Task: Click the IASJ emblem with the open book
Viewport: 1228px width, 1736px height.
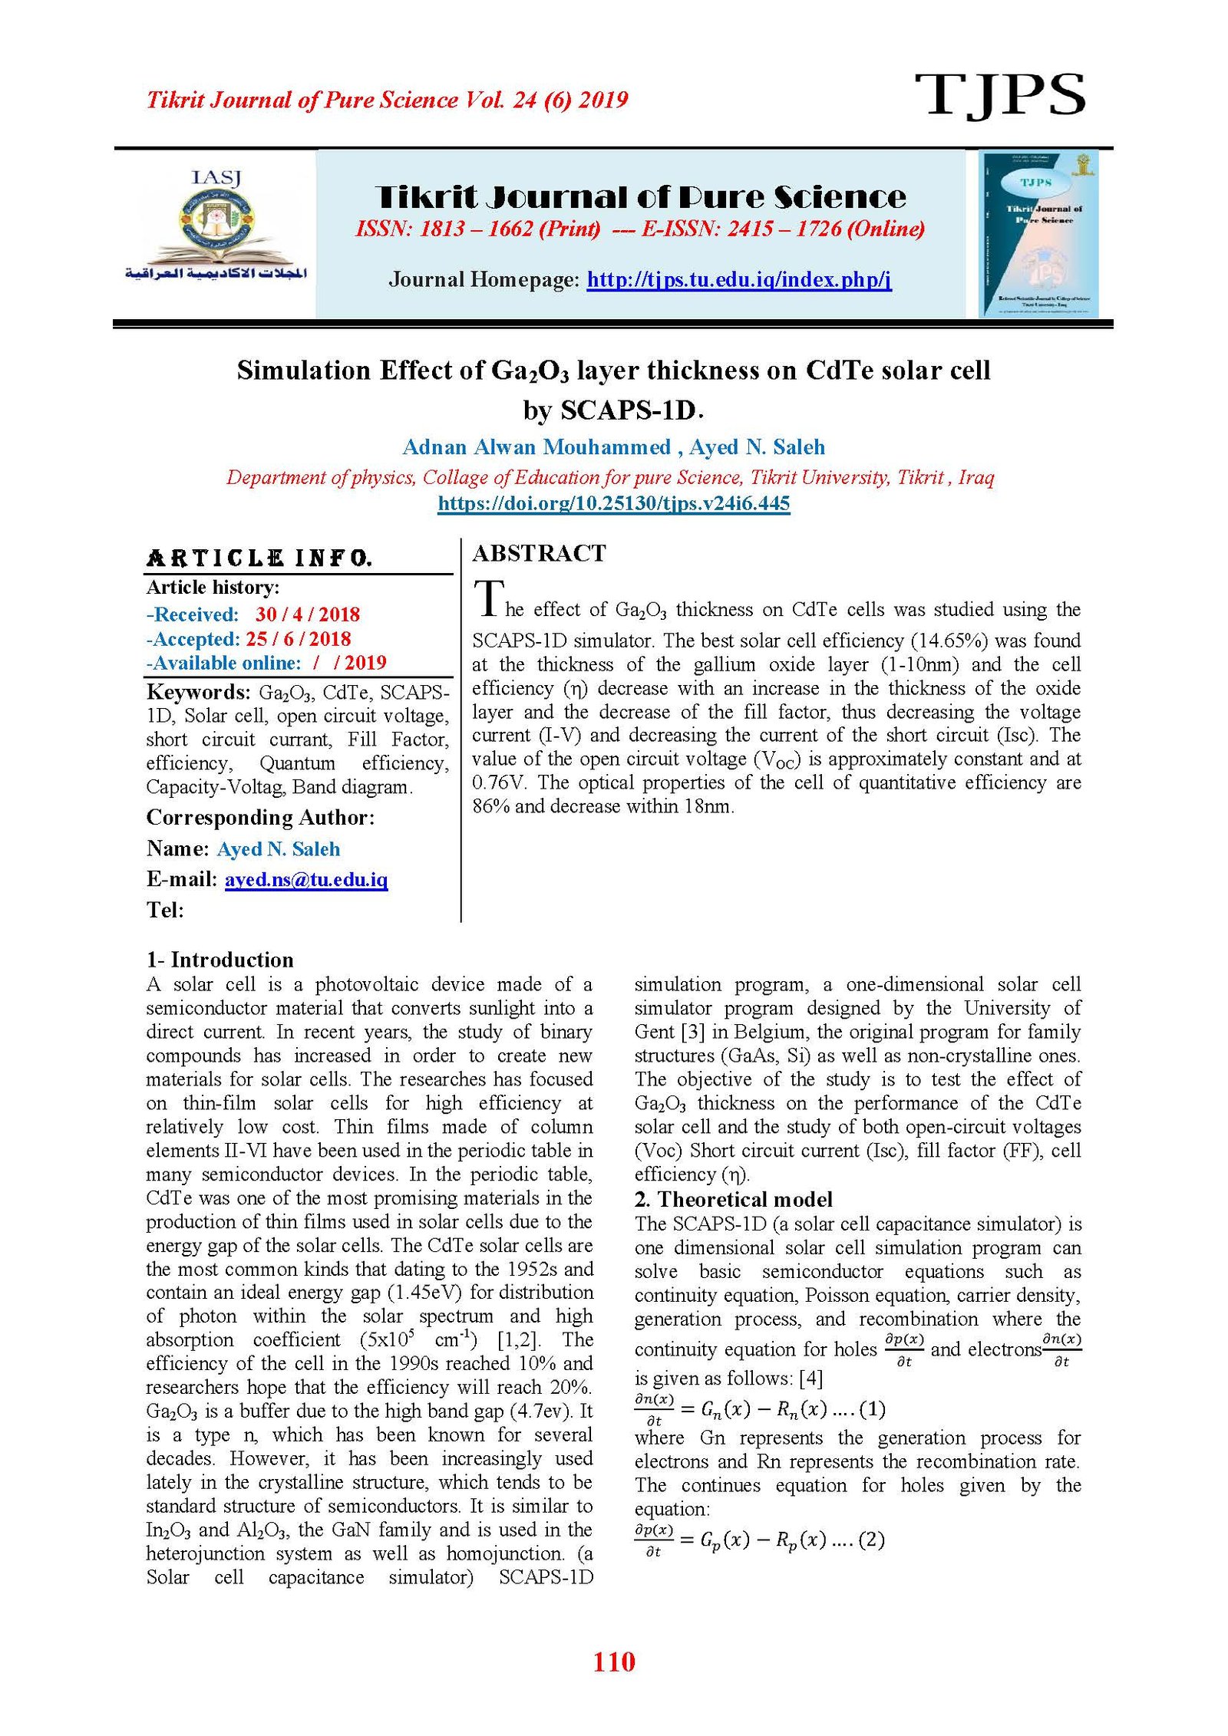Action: pyautogui.click(x=216, y=226)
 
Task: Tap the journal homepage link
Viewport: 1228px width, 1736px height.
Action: pyautogui.click(x=738, y=279)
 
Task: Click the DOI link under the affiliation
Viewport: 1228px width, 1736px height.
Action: pyautogui.click(x=613, y=503)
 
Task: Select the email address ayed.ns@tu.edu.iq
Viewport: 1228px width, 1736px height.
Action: pyautogui.click(x=305, y=879)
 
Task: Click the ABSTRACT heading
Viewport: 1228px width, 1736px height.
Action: pyautogui.click(x=539, y=553)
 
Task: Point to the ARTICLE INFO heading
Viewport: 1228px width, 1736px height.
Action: pyautogui.click(x=259, y=558)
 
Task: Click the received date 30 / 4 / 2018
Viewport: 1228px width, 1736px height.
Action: pyautogui.click(x=307, y=614)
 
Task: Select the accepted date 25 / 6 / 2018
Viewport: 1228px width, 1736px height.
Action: pyautogui.click(x=298, y=639)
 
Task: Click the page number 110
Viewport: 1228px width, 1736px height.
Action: pyautogui.click(x=613, y=1661)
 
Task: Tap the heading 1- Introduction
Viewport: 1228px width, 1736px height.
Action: pyautogui.click(x=220, y=960)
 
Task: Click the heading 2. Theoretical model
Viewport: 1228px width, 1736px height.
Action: pyautogui.click(x=733, y=1199)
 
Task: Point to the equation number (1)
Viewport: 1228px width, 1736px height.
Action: pyautogui.click(x=873, y=1408)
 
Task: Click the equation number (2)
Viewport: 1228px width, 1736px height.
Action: pyautogui.click(x=871, y=1540)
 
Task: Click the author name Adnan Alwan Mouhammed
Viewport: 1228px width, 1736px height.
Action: pyautogui.click(x=536, y=447)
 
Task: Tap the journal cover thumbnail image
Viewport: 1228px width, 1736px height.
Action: pyautogui.click(x=1038, y=233)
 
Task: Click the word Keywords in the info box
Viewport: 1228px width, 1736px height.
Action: pyautogui.click(x=197, y=692)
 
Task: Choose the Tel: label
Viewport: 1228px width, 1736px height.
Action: pyautogui.click(x=165, y=910)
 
